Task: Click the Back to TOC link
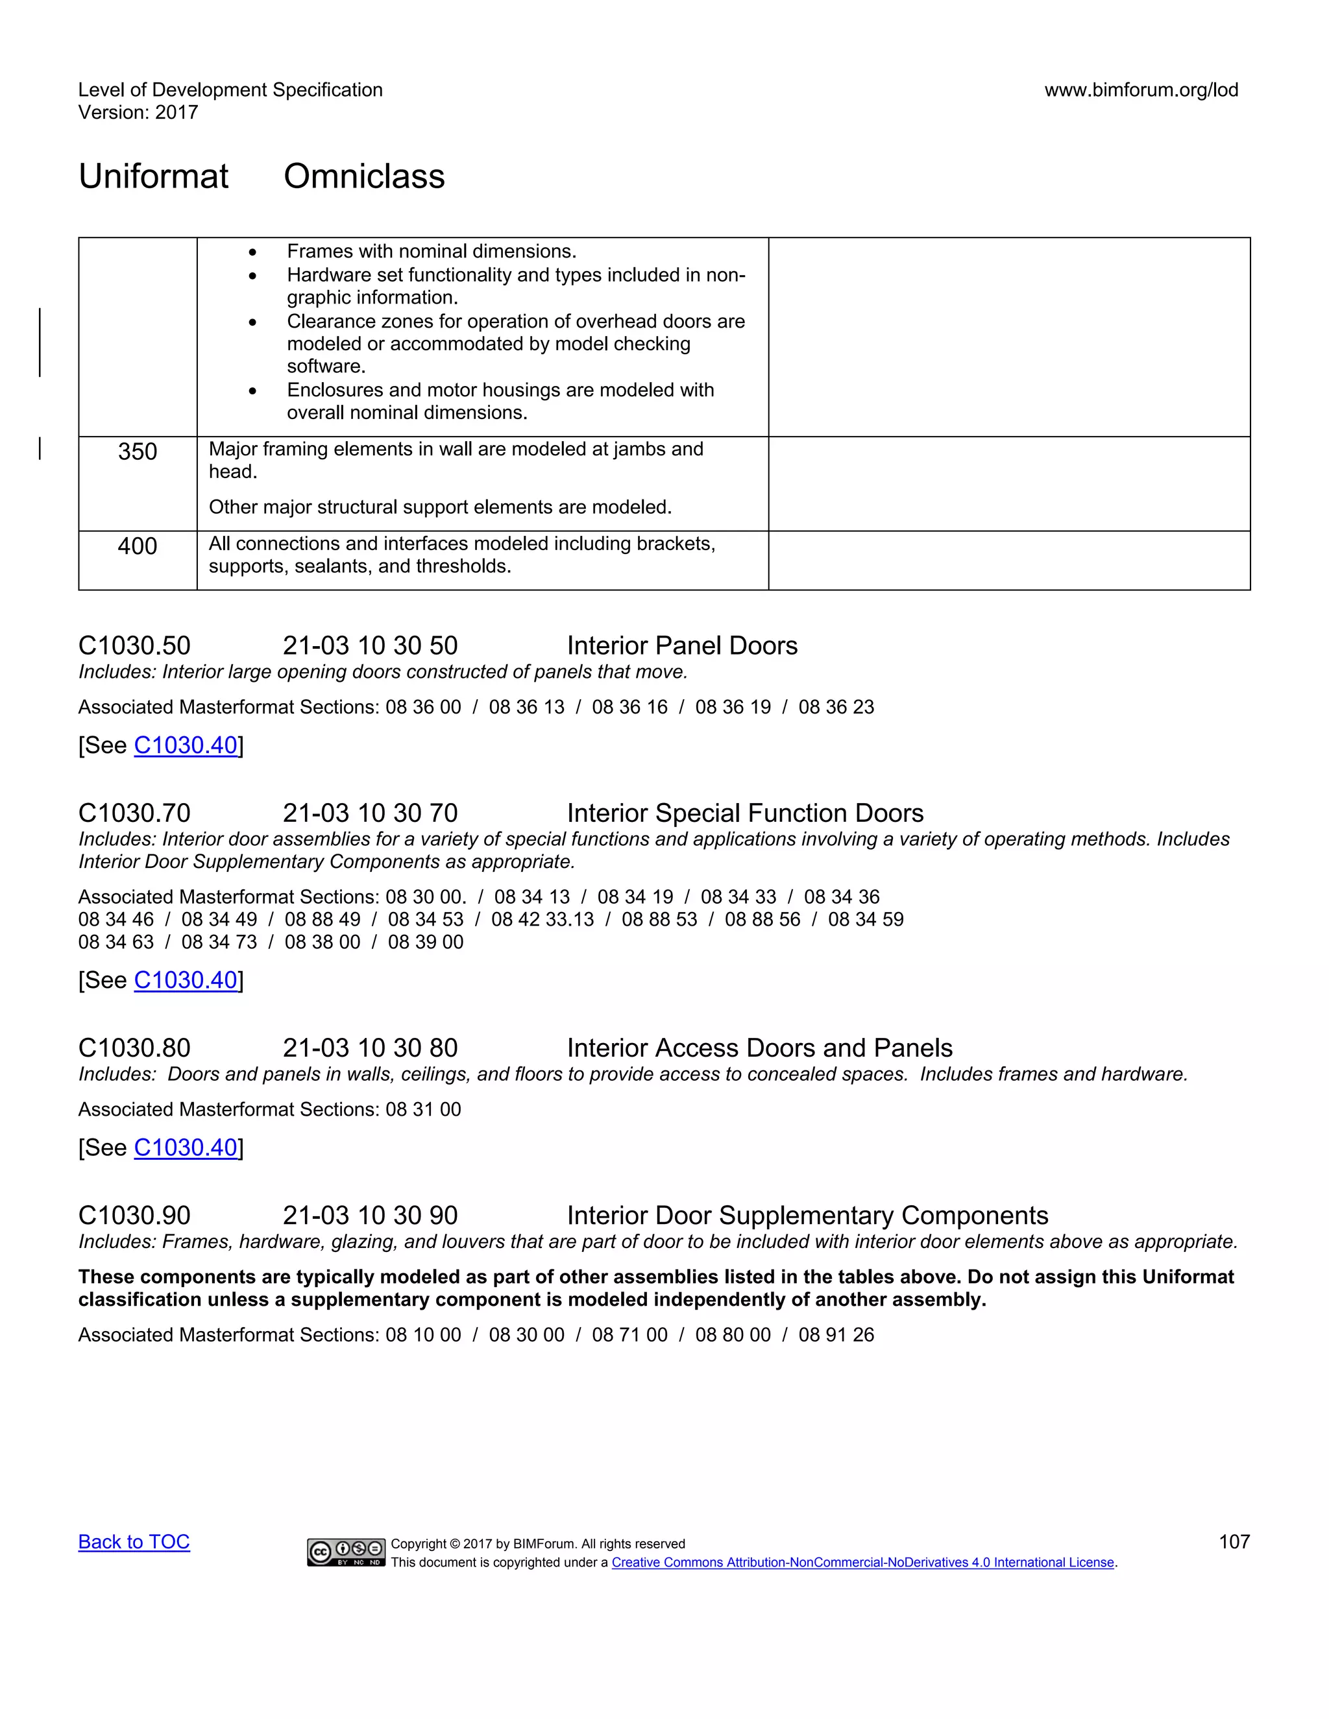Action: point(134,1541)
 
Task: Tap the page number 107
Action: point(1234,1541)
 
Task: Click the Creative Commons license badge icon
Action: point(346,1552)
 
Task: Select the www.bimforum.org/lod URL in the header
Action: point(1141,90)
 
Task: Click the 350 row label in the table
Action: point(137,451)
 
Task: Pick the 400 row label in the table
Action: point(137,546)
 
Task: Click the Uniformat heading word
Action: point(154,176)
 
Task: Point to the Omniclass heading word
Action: point(364,176)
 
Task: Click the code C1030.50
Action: point(134,645)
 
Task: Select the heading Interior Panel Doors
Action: point(682,645)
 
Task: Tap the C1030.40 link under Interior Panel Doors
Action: point(186,745)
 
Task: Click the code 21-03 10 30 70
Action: point(370,813)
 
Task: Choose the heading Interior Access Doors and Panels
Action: point(759,1048)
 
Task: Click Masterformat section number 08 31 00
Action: point(423,1109)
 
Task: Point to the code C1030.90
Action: point(134,1215)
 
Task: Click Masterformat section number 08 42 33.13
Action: point(543,919)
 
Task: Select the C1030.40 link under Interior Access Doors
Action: point(186,1148)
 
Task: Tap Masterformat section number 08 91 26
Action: point(836,1334)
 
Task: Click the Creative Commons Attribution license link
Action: point(863,1563)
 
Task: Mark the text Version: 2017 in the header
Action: point(138,113)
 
